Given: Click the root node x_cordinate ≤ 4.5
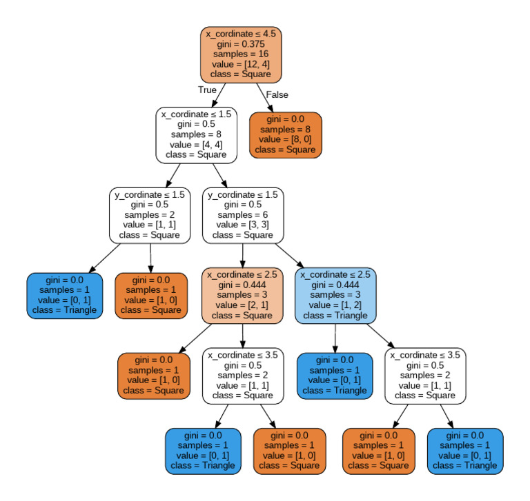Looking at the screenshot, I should click(x=242, y=54).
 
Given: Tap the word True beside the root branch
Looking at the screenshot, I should click(x=207, y=90).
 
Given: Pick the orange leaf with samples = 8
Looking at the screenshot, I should click(x=286, y=134).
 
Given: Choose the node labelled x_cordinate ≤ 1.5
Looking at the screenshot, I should click(x=197, y=134).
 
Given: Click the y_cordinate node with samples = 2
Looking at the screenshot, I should click(x=150, y=214).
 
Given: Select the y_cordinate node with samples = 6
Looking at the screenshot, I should click(x=243, y=214).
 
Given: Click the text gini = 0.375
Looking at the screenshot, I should click(x=242, y=43).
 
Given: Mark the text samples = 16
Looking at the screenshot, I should click(x=242, y=54).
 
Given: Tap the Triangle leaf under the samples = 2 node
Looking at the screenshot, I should click(x=65, y=295).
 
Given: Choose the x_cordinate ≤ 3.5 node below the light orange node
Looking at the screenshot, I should click(x=243, y=375).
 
